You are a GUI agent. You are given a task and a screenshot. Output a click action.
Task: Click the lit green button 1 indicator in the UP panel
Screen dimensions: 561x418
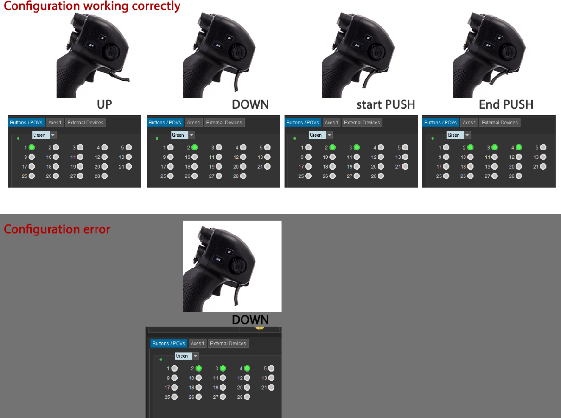32,147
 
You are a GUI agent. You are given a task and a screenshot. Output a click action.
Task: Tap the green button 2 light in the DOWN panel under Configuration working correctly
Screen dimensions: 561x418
195,147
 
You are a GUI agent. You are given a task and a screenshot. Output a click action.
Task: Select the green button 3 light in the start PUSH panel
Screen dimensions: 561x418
357,147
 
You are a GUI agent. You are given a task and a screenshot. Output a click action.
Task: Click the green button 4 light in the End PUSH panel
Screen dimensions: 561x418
519,147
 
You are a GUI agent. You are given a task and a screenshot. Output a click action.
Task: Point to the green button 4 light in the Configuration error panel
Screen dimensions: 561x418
247,368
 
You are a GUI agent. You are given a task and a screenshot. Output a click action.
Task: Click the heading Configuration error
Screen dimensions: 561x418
57,229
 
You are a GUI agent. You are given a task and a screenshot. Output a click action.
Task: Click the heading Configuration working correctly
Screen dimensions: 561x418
92,6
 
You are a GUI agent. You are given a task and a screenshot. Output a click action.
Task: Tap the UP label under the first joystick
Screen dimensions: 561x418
104,104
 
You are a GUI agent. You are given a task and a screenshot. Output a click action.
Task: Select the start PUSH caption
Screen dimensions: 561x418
386,104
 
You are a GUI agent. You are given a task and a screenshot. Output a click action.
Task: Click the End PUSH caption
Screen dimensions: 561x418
506,104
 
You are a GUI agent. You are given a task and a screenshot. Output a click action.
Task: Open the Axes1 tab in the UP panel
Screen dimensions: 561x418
55,123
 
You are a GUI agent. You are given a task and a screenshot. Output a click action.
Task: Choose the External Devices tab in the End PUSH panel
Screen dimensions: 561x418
499,123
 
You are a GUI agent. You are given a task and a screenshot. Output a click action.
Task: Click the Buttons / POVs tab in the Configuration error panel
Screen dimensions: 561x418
169,343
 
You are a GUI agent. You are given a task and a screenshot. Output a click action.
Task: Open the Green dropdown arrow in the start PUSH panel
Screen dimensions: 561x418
329,135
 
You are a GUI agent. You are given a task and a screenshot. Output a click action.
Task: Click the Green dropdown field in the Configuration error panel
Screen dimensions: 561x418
184,356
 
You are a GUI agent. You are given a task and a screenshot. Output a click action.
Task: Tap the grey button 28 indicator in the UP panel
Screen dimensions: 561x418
104,176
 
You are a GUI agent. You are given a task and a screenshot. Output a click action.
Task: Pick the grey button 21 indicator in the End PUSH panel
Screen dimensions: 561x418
543,167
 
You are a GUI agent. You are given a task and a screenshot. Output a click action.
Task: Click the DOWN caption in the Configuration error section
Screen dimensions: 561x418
250,320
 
